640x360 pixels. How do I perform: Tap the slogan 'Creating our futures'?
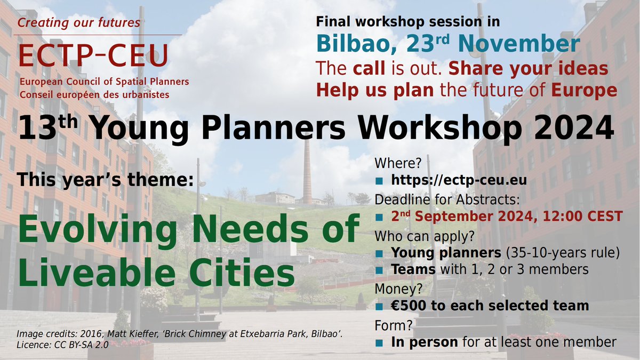(78, 23)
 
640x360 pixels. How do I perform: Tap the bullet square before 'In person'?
(379, 342)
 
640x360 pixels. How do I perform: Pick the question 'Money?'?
(397, 288)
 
